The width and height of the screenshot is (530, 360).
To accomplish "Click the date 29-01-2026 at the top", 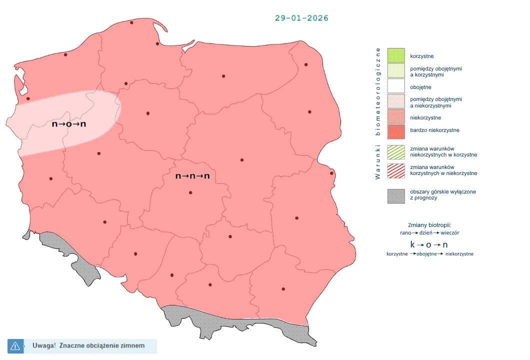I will pos(301,18).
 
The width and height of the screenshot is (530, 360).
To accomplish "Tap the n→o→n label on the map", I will pos(69,123).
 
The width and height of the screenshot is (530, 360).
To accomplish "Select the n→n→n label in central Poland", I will pos(192,176).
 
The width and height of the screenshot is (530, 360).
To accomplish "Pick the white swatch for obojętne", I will pos(396,87).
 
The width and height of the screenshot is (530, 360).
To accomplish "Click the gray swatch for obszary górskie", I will pos(396,195).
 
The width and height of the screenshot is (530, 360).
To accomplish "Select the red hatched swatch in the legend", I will pos(396,170).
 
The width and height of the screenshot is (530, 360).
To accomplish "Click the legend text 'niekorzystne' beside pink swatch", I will pos(425,117).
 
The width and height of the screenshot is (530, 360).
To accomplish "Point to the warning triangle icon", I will pos(15,345).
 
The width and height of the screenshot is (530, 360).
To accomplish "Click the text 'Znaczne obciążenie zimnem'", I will pos(101,345).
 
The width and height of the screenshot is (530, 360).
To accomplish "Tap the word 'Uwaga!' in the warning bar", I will pos(44,345).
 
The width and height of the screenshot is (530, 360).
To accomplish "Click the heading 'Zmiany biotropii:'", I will pos(429,225).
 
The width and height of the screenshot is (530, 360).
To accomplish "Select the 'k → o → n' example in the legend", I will pos(429,244).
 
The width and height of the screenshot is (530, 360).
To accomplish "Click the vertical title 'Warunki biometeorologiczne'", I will pos(378,113).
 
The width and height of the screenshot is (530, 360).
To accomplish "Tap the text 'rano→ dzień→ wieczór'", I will pos(429,233).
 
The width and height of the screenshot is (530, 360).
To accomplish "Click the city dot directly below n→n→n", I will pos(190,192).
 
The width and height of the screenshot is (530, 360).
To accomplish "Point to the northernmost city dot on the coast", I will pos(131,22).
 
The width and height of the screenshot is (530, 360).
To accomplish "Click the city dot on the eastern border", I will pos(331,173).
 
